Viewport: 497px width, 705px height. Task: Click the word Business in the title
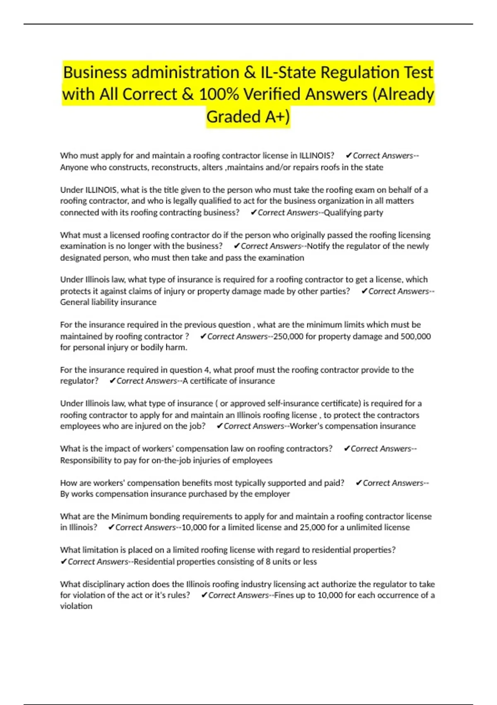95,73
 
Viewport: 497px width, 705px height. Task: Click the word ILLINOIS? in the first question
316,156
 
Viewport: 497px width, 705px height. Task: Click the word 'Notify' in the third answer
318,246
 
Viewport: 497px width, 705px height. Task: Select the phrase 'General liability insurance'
108,302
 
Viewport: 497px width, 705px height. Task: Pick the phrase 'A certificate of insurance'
229,381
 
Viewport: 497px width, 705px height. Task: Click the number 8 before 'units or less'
268,562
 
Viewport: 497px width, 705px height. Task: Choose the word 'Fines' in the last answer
284,596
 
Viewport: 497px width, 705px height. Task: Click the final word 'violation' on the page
76,606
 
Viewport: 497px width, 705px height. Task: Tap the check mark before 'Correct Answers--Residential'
63,562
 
